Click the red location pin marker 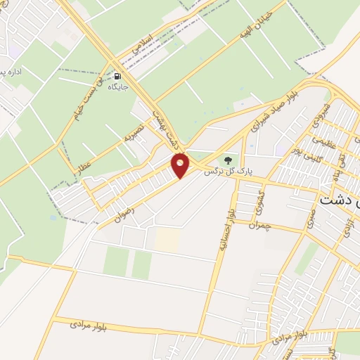(x=181, y=165)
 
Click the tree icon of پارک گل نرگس (x=227, y=160)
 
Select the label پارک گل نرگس (x=228, y=171)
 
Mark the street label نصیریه (x=133, y=132)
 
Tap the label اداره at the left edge (x=11, y=73)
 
